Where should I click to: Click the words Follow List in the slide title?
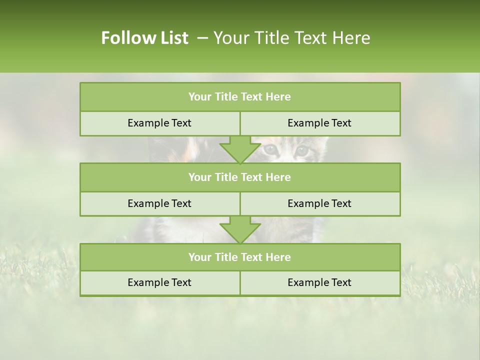(144, 38)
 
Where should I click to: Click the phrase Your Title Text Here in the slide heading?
(291, 38)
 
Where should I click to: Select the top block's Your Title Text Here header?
(239, 97)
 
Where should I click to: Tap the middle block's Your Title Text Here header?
(239, 177)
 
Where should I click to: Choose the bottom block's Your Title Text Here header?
(239, 257)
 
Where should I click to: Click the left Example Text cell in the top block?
(159, 123)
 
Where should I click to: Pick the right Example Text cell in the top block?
(319, 123)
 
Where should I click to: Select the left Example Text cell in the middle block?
(159, 203)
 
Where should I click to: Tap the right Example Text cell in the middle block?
(319, 203)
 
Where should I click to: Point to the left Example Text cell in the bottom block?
(159, 282)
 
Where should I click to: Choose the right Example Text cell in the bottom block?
(319, 282)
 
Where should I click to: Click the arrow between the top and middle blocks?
(240, 149)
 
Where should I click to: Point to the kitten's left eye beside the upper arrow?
(270, 149)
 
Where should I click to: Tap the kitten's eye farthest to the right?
(301, 149)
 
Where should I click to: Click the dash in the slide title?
(202, 38)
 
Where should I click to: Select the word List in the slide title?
(172, 38)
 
